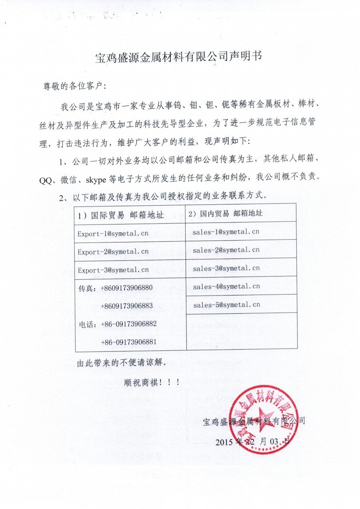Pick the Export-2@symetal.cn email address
point(113,252)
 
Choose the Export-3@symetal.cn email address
point(113,270)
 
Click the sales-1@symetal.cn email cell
point(226,231)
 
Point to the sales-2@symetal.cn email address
point(226,250)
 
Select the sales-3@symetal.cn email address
point(226,268)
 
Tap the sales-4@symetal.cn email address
point(226,286)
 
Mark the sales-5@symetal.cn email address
point(226,305)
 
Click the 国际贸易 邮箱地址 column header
point(121,215)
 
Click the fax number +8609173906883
point(127,306)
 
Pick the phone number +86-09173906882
point(128,324)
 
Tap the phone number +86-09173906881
point(128,342)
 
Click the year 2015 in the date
point(225,442)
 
